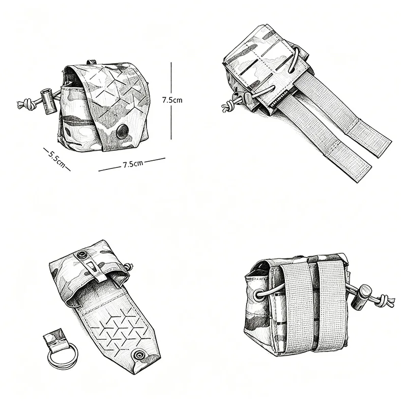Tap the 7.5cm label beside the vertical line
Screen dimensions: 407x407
[172, 100]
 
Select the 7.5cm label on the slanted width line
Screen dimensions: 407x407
[133, 164]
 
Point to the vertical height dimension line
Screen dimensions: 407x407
[171, 101]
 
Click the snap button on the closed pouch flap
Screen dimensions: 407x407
[122, 131]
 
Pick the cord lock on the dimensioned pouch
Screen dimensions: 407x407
[48, 101]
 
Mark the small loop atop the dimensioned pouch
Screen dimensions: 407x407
[91, 62]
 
